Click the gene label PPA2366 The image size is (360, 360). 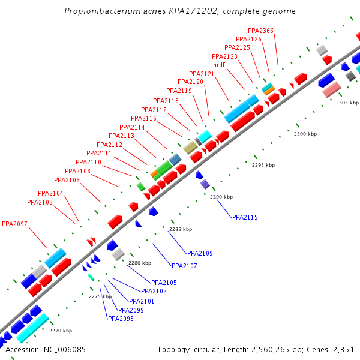[260, 31]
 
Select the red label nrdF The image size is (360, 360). [219, 65]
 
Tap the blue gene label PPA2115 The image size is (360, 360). [245, 217]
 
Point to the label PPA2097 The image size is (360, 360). [14, 224]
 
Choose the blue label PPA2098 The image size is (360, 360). [121, 319]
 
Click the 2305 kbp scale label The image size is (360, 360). [347, 103]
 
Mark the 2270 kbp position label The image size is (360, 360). [61, 331]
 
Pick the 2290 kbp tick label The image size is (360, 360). [221, 197]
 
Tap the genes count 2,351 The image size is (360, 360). [343, 349]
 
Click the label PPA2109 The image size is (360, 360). [200, 253]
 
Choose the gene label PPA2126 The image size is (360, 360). [248, 39]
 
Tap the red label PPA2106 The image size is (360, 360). [67, 180]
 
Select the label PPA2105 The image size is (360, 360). [164, 283]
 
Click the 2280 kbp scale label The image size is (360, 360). [140, 263]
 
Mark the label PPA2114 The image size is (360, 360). [132, 127]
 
